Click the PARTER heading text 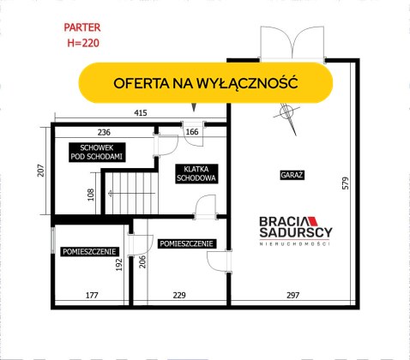click(x=82, y=27)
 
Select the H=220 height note click(x=83, y=43)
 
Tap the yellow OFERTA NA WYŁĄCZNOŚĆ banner click(x=206, y=82)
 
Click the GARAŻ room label click(x=292, y=175)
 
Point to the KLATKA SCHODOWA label click(x=196, y=173)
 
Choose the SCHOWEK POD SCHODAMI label click(x=97, y=153)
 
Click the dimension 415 click(x=141, y=113)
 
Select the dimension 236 click(x=104, y=132)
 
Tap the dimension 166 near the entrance click(x=192, y=132)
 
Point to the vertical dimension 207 click(x=41, y=171)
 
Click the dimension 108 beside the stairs click(x=91, y=195)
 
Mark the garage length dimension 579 click(x=346, y=183)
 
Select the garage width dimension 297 click(x=293, y=295)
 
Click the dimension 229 click(x=179, y=295)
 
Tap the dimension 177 click(x=92, y=295)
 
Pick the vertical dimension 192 click(x=118, y=265)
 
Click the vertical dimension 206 click(x=142, y=262)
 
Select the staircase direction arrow click(x=132, y=194)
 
